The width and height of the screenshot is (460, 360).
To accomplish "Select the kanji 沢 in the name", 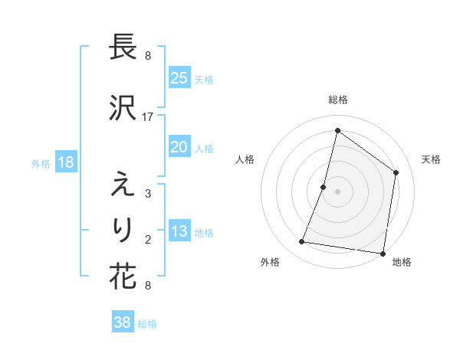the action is click(123, 107).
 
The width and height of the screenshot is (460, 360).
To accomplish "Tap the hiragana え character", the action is click(123, 185).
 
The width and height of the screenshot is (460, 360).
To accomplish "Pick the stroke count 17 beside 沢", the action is click(148, 116).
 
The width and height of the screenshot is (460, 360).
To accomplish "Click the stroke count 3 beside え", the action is click(148, 194).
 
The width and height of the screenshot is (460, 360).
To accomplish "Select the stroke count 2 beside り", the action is click(148, 240).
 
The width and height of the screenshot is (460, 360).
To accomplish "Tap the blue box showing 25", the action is click(179, 78).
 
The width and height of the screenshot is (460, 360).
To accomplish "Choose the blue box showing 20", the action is click(179, 147).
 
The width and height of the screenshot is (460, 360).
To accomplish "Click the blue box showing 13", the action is click(179, 232).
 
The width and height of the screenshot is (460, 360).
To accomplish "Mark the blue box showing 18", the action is click(65, 162).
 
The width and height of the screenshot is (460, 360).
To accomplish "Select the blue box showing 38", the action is click(123, 322).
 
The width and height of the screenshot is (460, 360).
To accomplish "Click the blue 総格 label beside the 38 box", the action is click(147, 324).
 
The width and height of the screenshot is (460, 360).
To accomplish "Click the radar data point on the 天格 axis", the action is click(396, 172).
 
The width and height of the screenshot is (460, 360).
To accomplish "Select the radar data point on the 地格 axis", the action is click(383, 254).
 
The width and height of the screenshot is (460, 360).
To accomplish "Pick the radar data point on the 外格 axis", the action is click(302, 242).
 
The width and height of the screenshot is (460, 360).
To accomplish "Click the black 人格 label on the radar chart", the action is click(245, 159).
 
